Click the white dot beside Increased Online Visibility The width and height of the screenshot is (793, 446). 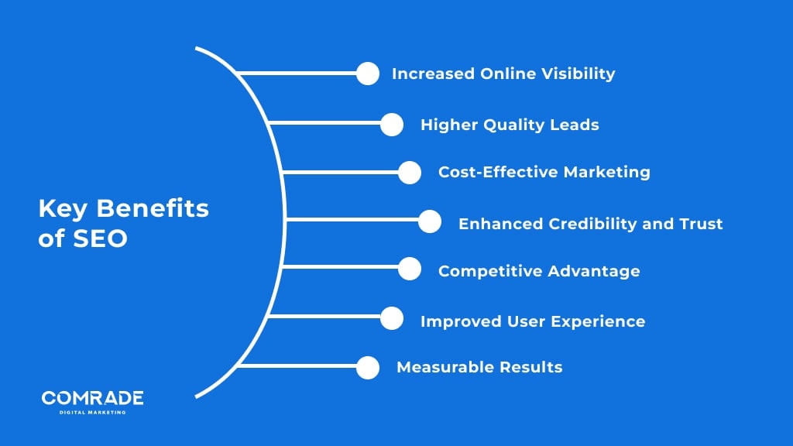(x=368, y=74)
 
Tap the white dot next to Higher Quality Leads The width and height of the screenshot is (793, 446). (x=391, y=125)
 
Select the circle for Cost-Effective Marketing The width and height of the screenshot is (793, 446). (x=409, y=173)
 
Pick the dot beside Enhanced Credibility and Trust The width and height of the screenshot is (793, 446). (x=429, y=221)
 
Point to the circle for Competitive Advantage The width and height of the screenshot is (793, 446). (x=409, y=269)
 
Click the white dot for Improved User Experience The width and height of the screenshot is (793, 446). (x=391, y=318)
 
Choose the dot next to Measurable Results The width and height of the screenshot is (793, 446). (x=368, y=368)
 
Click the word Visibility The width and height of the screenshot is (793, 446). (x=578, y=74)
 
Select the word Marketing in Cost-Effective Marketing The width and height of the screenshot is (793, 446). (x=607, y=173)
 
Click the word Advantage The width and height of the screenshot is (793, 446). (x=594, y=272)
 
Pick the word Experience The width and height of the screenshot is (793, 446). (x=598, y=321)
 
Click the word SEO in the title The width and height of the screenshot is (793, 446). (x=100, y=238)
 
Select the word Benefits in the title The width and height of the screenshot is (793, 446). (x=153, y=208)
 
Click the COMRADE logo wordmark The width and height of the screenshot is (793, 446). (x=93, y=398)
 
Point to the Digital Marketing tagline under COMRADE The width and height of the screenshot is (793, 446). (x=93, y=413)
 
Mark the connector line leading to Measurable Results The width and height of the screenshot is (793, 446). (x=298, y=365)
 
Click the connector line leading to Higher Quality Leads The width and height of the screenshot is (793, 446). (x=324, y=122)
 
